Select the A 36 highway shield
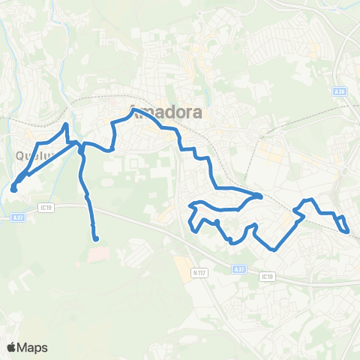(x=340, y=91)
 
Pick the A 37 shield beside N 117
(x=239, y=269)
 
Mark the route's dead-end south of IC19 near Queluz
(x=96, y=238)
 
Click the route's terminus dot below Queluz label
(x=13, y=188)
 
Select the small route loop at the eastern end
(x=343, y=223)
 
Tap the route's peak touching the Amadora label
(x=133, y=110)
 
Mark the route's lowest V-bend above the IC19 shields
(x=275, y=249)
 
